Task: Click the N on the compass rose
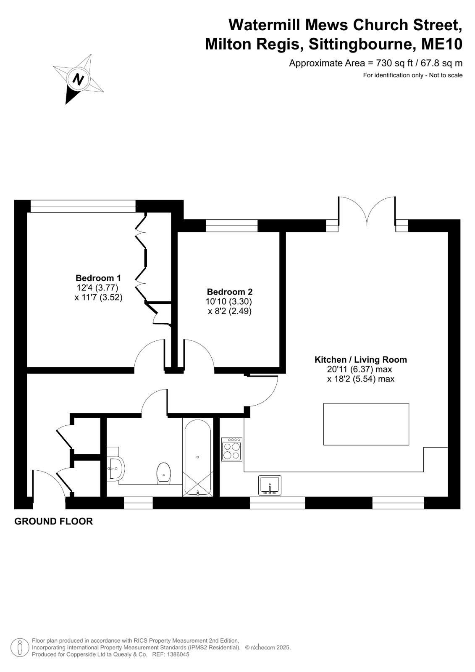(x=78, y=79)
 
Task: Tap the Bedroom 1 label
(x=98, y=278)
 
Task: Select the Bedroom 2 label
(x=230, y=292)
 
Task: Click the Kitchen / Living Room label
(x=361, y=360)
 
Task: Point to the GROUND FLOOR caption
(x=54, y=522)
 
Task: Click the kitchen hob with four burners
(x=232, y=449)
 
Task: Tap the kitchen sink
(x=270, y=485)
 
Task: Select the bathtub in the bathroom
(x=198, y=458)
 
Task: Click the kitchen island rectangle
(x=366, y=424)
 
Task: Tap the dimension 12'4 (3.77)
(x=97, y=288)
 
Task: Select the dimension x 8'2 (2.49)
(x=230, y=311)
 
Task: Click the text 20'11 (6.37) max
(x=360, y=369)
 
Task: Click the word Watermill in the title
(x=265, y=25)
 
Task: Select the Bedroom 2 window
(x=231, y=226)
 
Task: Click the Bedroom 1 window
(x=83, y=206)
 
